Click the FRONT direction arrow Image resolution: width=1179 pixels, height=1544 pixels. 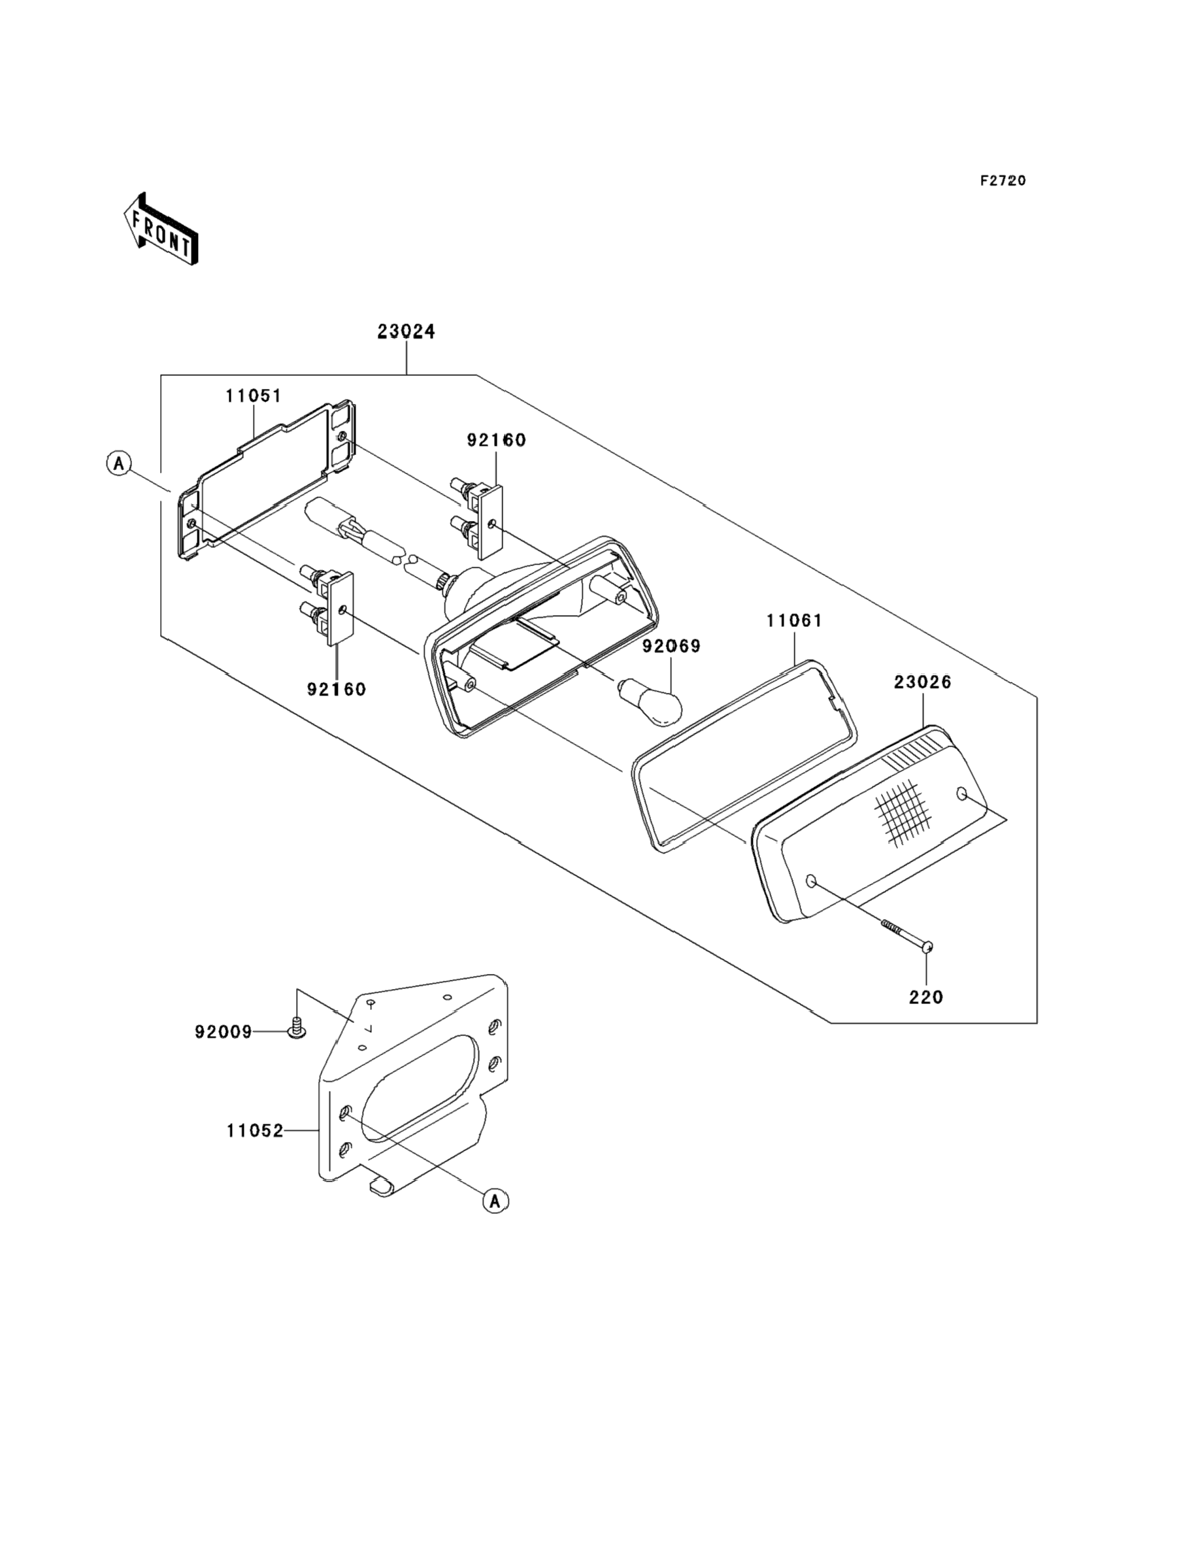160,229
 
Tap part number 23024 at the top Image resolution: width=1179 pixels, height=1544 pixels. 406,331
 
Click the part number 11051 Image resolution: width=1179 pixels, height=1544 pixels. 254,396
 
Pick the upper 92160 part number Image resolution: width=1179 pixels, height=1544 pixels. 496,440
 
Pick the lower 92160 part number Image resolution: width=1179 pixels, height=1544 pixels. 336,689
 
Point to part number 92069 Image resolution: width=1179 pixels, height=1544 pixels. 672,646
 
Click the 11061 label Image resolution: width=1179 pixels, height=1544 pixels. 795,620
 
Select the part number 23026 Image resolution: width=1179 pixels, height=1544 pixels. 922,682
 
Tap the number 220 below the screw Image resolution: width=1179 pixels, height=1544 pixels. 926,997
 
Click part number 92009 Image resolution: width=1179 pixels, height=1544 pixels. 223,1032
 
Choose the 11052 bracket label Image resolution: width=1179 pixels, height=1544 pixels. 255,1131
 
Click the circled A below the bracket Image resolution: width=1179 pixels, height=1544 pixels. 495,1201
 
